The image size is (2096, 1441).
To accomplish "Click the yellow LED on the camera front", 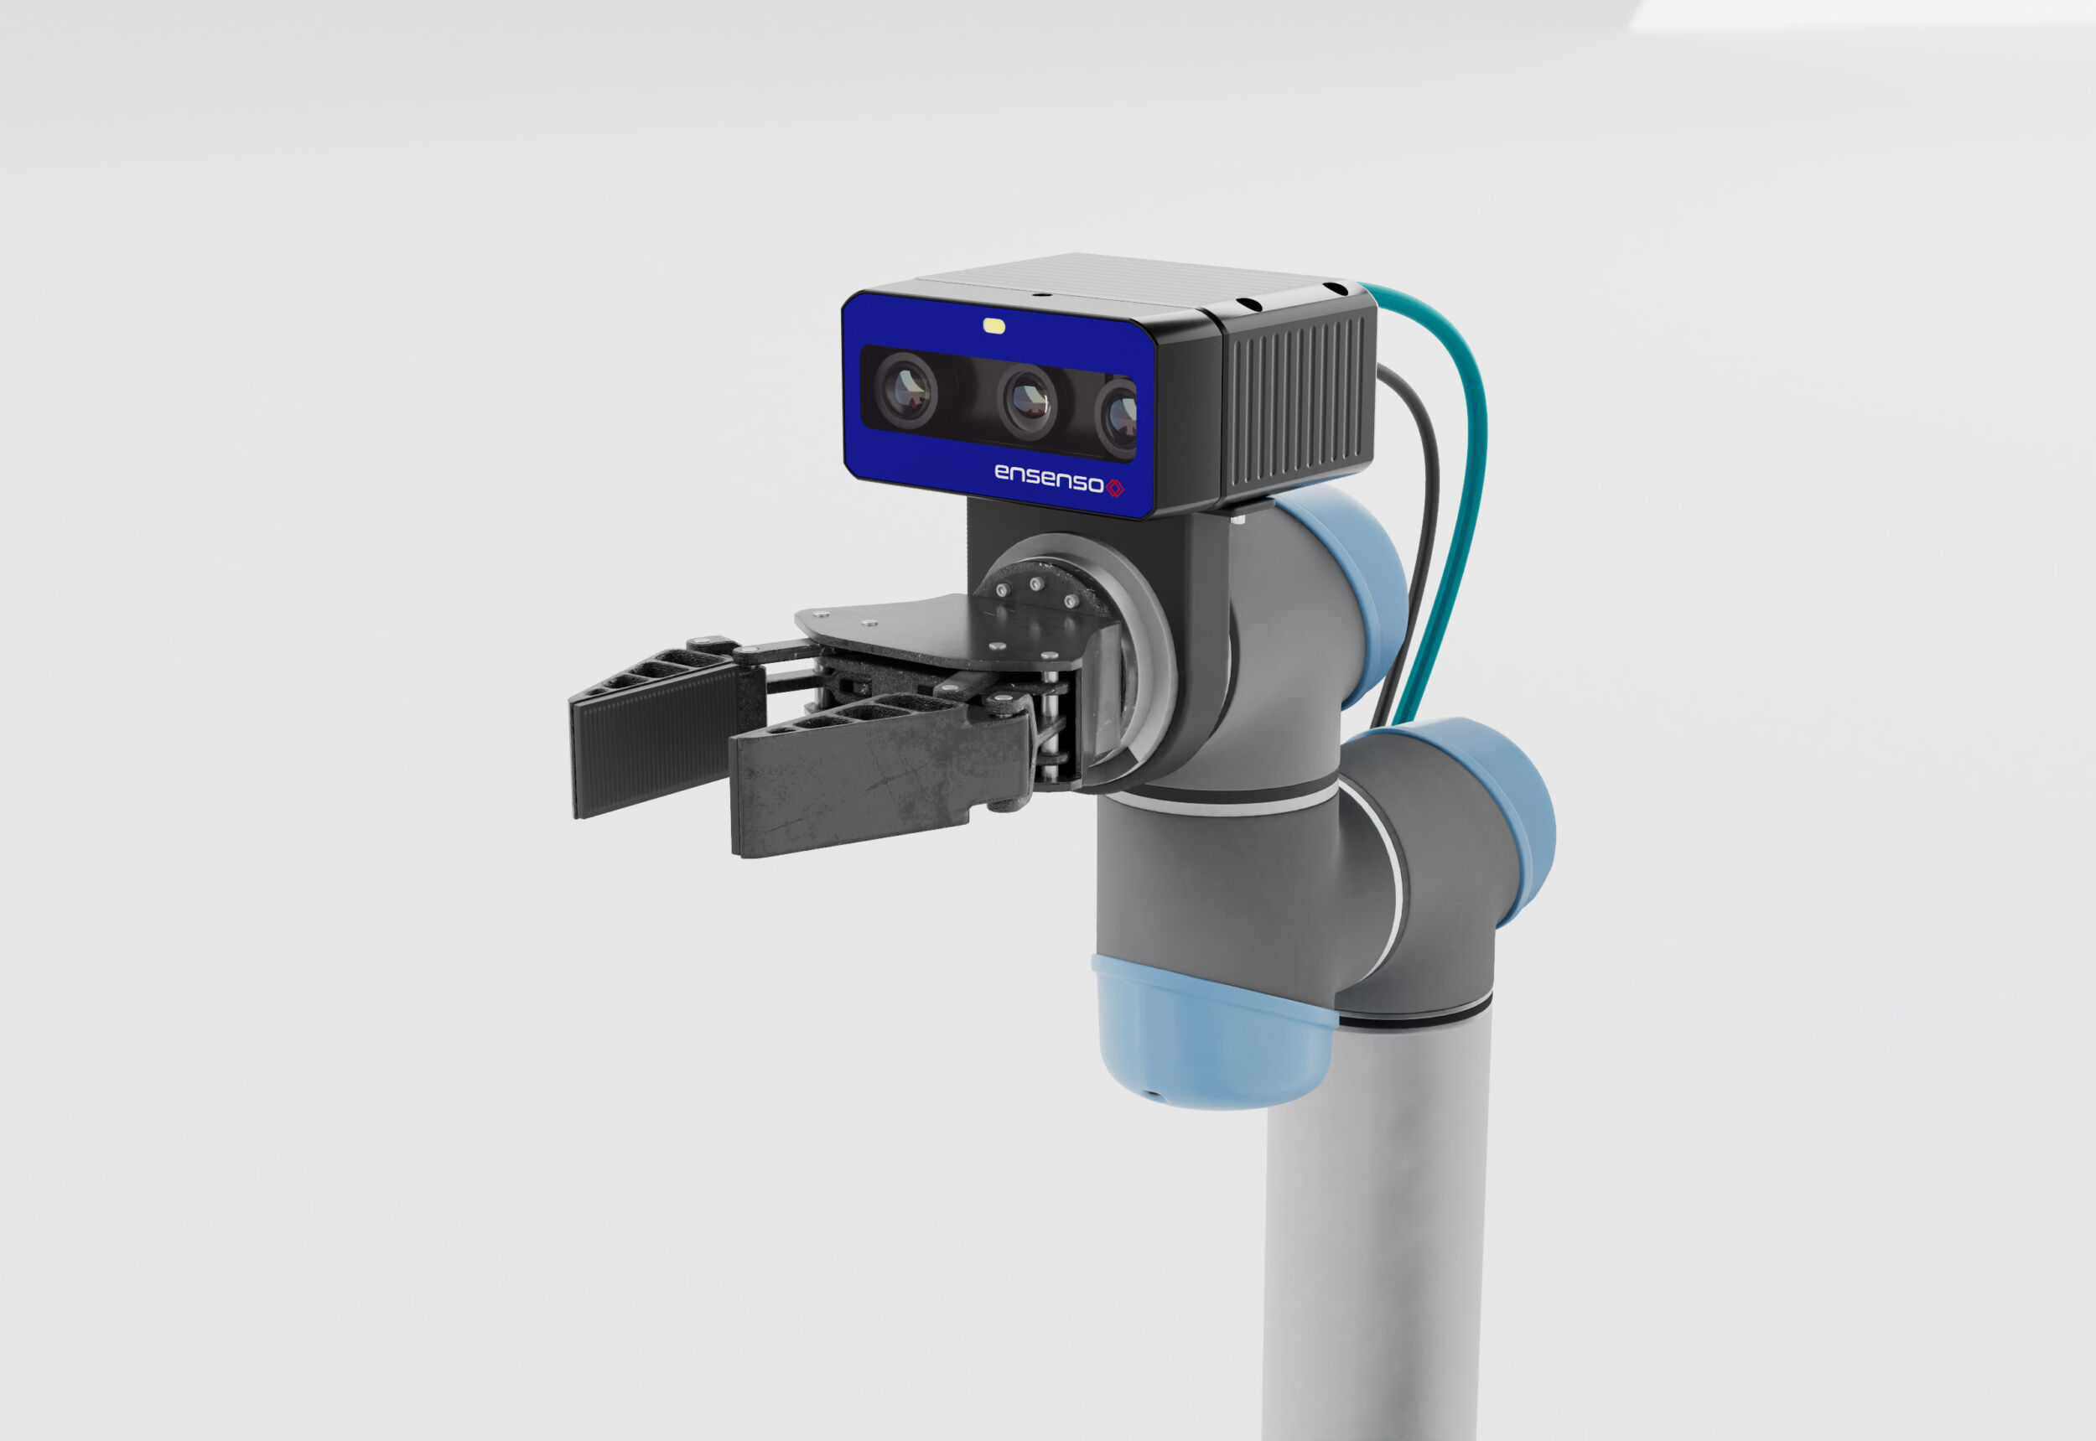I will pyautogui.click(x=994, y=326).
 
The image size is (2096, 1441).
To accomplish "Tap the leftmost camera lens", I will pyautogui.click(x=905, y=390).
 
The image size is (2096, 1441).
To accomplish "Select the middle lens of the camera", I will pyautogui.click(x=1027, y=400).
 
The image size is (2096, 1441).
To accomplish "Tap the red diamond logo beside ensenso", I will pyautogui.click(x=1115, y=489).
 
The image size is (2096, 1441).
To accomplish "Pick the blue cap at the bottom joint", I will pyautogui.click(x=1210, y=1039).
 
